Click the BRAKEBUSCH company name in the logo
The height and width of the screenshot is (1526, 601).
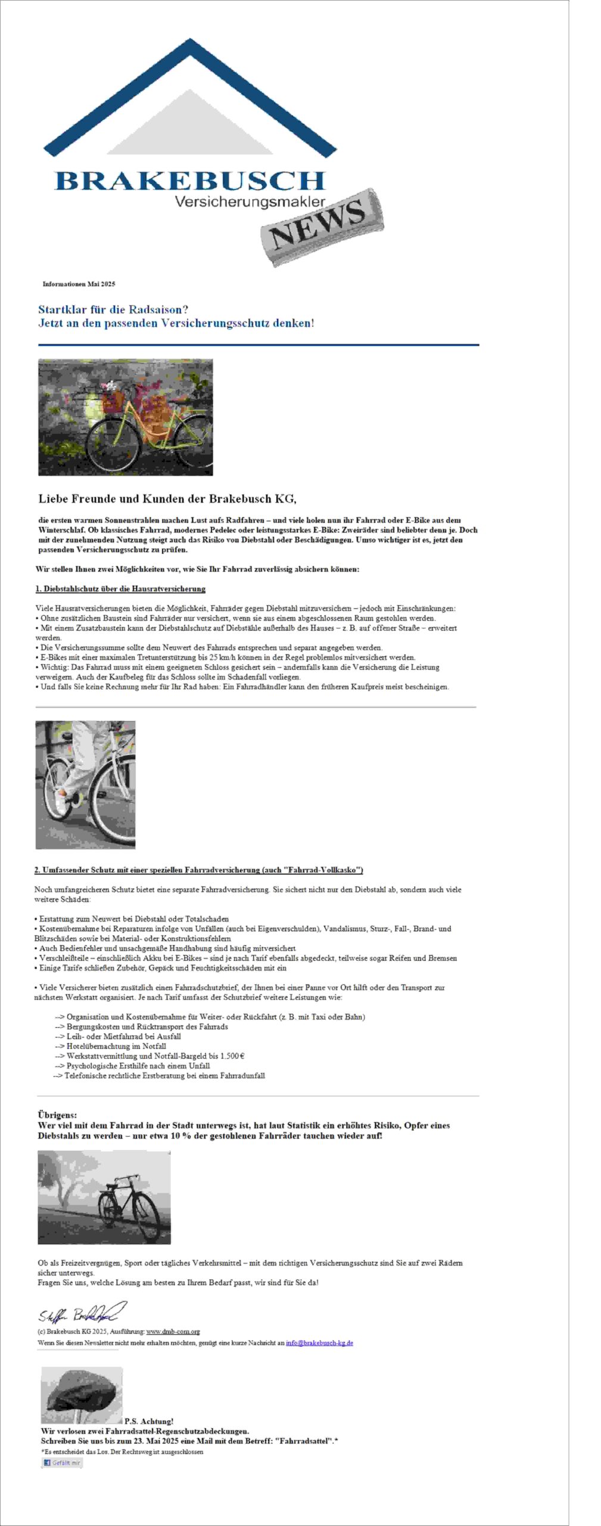tap(189, 180)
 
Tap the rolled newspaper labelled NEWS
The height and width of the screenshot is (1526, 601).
tap(322, 227)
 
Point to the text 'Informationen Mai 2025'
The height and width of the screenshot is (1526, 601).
tap(79, 284)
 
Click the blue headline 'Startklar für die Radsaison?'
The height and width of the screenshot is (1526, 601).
tap(113, 309)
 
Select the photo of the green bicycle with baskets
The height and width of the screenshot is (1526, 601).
tap(125, 417)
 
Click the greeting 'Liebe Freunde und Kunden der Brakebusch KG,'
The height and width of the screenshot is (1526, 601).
tap(167, 498)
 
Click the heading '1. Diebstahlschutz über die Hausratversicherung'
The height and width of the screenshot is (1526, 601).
tap(120, 589)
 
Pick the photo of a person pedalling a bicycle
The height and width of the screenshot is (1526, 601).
tap(85, 784)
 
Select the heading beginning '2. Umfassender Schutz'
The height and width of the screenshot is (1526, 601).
tap(198, 870)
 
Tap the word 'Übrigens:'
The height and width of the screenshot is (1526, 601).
tap(57, 1114)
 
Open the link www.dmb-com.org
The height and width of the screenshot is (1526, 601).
tap(173, 1331)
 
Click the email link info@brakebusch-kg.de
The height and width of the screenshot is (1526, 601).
tap(319, 1343)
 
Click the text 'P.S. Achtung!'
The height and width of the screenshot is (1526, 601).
tap(149, 1421)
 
